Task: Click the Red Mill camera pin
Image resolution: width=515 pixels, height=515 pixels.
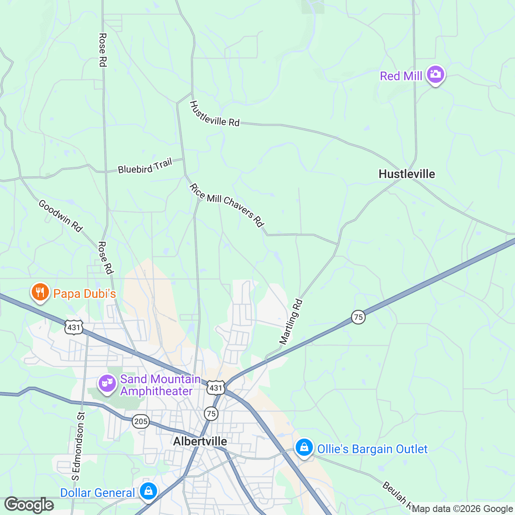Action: [435, 75]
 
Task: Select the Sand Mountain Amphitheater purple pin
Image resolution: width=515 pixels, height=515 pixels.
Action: [107, 383]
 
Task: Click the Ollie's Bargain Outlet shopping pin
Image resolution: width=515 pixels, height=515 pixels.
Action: [304, 448]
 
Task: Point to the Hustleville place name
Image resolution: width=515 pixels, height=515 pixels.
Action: [406, 174]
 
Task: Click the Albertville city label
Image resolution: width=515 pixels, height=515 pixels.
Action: [200, 441]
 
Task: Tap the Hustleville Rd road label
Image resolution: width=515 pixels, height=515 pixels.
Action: [214, 114]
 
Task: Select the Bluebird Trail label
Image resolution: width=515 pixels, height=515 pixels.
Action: [145, 166]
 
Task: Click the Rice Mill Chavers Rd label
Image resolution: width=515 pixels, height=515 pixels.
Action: [226, 205]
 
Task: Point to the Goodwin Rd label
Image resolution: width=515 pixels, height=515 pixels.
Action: [60, 215]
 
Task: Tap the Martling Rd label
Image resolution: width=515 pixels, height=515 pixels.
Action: [291, 321]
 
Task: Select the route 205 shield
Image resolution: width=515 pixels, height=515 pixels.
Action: [141, 421]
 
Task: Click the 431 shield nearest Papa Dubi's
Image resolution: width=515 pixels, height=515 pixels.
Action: [73, 327]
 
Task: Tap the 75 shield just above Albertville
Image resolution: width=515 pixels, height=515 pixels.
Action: [211, 414]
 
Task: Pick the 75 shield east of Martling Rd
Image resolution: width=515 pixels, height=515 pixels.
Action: [358, 317]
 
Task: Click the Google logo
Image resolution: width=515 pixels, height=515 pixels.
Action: [29, 505]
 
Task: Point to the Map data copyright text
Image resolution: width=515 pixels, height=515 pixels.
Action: [463, 509]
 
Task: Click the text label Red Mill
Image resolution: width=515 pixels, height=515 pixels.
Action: [401, 76]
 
